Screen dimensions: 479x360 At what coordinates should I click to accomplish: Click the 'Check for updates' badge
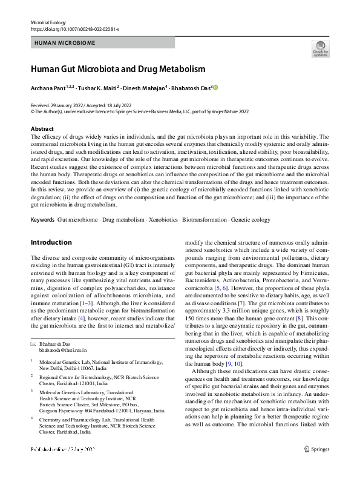[320, 48]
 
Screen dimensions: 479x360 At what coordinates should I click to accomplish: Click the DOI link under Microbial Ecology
[74, 29]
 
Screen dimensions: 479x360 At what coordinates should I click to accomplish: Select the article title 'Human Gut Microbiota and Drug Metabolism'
[118, 69]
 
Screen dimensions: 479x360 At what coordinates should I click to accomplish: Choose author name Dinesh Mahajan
[146, 88]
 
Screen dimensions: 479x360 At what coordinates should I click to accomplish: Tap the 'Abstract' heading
[42, 129]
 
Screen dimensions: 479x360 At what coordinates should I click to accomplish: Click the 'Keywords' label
[43, 219]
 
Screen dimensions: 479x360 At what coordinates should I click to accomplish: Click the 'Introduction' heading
[51, 242]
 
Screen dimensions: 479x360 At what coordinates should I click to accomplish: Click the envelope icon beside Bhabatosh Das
[33, 344]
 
